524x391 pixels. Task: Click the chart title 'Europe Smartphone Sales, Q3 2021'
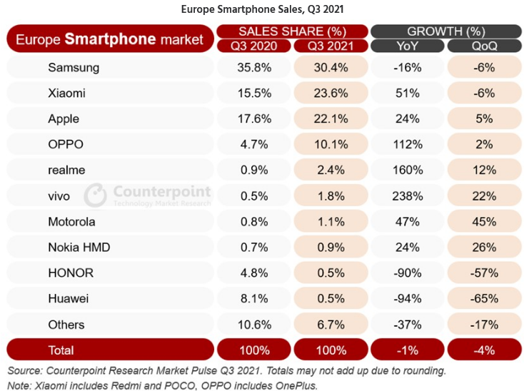point(262,9)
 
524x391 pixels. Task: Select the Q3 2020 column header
point(253,46)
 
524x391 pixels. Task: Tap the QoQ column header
point(483,46)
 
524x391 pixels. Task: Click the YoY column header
point(406,46)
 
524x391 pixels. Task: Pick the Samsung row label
point(74,68)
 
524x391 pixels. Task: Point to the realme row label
point(66,170)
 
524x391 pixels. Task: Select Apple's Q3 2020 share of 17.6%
point(253,119)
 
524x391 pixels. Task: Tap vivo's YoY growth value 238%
point(406,195)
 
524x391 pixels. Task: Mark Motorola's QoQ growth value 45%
point(483,221)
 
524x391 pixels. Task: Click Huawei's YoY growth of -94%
point(406,298)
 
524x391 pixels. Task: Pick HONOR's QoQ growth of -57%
point(483,273)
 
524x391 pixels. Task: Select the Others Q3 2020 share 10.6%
point(253,324)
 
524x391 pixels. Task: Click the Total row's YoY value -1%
point(406,350)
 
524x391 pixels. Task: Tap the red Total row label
point(61,350)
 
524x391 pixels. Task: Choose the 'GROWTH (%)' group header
point(445,31)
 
